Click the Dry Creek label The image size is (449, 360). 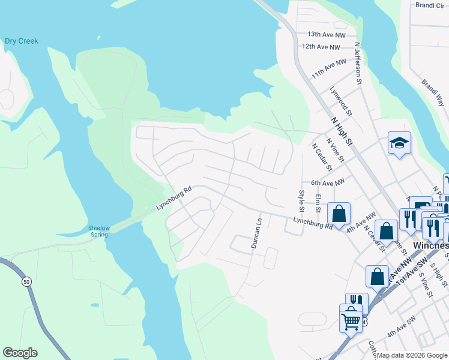22,41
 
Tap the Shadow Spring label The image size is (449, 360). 98,231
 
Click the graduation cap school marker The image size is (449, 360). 399,143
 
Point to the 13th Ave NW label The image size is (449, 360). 324,35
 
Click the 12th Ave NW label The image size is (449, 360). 321,47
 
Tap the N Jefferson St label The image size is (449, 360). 358,63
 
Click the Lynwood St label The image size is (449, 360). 339,98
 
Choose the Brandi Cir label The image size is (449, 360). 429,5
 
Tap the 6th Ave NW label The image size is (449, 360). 328,182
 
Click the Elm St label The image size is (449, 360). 318,203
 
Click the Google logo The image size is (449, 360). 20,353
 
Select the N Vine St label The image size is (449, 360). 334,151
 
